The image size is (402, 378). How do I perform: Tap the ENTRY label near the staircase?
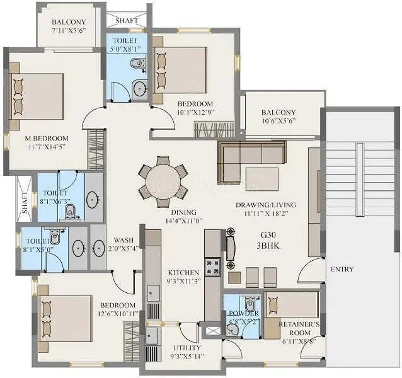coord(341,270)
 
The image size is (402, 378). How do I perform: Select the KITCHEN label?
coord(184,273)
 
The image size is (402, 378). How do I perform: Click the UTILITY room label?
coord(186,348)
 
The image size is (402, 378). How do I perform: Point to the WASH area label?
coord(123,240)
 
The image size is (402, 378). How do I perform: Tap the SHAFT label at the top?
coord(128,20)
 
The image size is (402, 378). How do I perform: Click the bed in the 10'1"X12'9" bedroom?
coord(181,70)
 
